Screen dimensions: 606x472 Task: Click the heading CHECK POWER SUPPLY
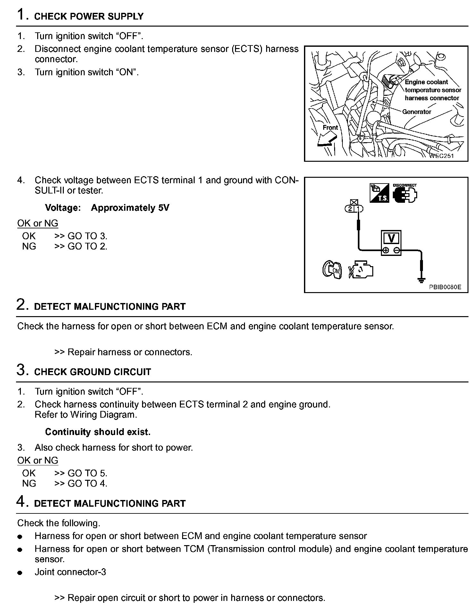(88, 17)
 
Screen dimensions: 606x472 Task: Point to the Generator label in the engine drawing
(417, 112)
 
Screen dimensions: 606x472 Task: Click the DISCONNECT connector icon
(405, 194)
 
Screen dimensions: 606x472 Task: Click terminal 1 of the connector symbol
(359, 209)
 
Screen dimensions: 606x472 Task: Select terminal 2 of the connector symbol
(350, 209)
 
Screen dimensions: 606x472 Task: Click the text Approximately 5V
(130, 208)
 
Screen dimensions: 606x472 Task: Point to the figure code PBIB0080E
(445, 287)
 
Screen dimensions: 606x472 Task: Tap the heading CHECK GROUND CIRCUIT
(92, 372)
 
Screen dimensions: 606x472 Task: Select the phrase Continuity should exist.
(97, 432)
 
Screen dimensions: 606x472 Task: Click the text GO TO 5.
(87, 473)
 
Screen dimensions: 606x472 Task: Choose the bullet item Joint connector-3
(70, 572)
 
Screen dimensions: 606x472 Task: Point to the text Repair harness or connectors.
(130, 352)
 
